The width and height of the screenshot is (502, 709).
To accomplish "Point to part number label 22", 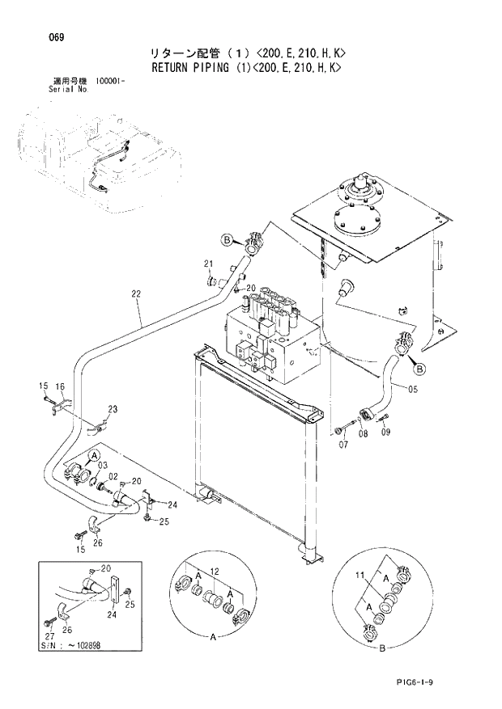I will click(135, 294).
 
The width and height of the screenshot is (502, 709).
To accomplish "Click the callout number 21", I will click(208, 264).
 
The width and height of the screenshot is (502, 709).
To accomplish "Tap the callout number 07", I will click(343, 445).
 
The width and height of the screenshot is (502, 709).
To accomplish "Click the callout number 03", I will click(103, 466).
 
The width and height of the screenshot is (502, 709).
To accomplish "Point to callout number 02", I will click(114, 476).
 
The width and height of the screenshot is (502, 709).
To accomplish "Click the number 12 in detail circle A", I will click(215, 572).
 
